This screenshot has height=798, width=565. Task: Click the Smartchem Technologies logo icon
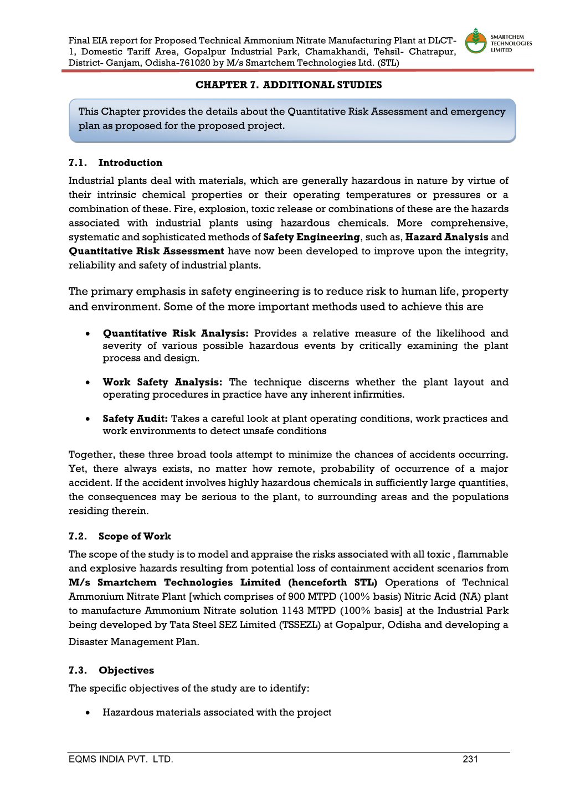click(x=475, y=42)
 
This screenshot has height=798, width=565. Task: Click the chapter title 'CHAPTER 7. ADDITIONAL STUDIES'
click(x=289, y=85)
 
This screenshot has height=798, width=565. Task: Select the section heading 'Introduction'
click(x=130, y=163)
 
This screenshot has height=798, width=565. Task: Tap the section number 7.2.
click(x=78, y=536)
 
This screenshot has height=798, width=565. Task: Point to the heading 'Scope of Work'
click(x=135, y=536)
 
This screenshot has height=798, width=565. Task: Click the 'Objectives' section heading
click(x=126, y=670)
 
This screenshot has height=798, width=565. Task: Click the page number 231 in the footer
click(x=470, y=759)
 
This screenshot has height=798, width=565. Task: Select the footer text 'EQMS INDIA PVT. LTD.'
click(x=121, y=759)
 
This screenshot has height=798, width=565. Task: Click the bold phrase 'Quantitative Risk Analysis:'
click(x=176, y=333)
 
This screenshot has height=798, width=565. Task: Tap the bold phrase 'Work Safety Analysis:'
click(x=162, y=382)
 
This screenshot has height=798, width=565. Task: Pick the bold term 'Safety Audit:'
click(x=135, y=419)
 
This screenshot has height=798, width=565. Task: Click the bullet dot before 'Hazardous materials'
click(x=88, y=713)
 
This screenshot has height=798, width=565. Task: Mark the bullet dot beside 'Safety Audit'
click(x=88, y=419)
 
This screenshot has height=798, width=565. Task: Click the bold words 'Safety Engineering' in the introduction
click(x=311, y=237)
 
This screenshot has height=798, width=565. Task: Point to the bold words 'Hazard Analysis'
click(x=446, y=237)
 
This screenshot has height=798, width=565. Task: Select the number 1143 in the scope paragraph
click(x=292, y=610)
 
